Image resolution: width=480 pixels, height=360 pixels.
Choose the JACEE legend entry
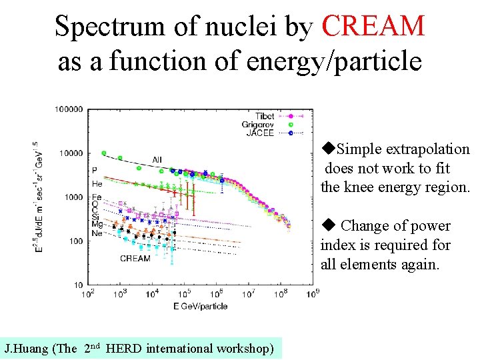[261, 133]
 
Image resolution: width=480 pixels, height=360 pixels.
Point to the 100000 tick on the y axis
[69, 109]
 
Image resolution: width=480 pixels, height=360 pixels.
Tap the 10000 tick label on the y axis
[71, 153]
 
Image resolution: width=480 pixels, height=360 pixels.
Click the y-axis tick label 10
[77, 285]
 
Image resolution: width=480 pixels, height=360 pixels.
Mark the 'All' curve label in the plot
[157, 159]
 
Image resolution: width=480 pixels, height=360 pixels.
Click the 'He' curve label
[97, 183]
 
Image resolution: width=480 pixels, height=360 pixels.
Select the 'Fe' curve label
[97, 197]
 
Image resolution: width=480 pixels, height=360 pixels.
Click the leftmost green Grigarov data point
[103, 153]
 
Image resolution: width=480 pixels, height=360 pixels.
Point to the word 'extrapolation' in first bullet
[432, 149]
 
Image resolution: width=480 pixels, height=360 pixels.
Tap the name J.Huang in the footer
[27, 348]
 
